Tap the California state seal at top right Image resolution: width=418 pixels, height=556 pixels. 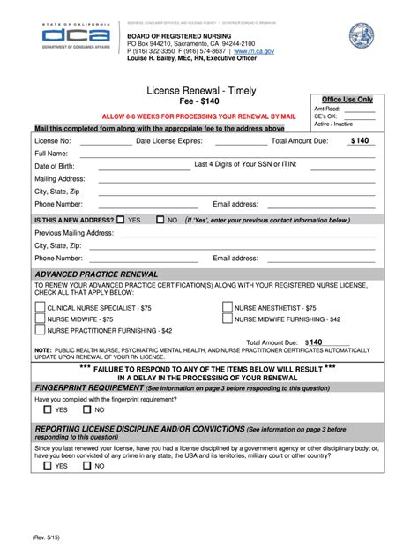[x=362, y=36]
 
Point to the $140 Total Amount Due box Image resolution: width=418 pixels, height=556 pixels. [x=360, y=140]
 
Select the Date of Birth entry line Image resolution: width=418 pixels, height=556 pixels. [x=141, y=169]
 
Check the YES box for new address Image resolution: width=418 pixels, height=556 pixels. [x=121, y=219]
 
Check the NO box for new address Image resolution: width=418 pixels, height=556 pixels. [x=160, y=219]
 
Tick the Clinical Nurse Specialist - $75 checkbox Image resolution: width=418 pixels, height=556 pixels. [x=40, y=307]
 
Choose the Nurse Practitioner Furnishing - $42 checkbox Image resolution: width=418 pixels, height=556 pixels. [x=40, y=330]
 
